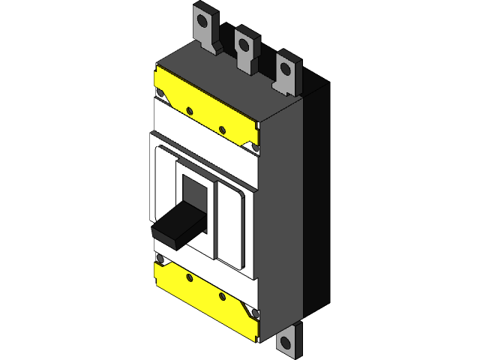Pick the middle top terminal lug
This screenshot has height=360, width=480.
click(244, 49)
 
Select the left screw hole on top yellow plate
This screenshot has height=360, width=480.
click(190, 112)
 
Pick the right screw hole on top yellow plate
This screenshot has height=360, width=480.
click(223, 130)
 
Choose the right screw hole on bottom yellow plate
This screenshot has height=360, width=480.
click(223, 298)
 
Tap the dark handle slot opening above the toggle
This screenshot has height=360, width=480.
click(193, 192)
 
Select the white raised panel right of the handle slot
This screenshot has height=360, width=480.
click(232, 225)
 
